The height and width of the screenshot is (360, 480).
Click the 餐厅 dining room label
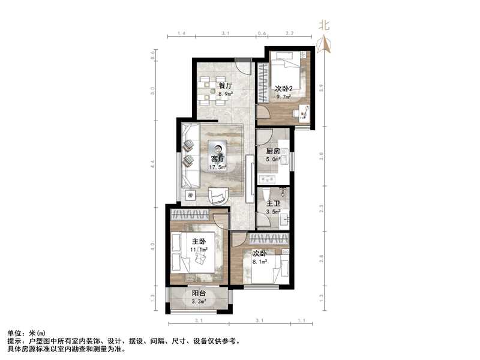pyautogui.click(x=225, y=86)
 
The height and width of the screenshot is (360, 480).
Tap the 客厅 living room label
pyautogui.click(x=218, y=159)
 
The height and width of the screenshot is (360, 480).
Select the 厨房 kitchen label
pyautogui.click(x=273, y=151)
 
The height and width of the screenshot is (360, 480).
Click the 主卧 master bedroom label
pyautogui.click(x=199, y=242)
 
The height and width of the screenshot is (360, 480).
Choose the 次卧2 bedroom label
pyautogui.click(x=283, y=89)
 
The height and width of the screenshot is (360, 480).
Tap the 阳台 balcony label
pyautogui.click(x=199, y=293)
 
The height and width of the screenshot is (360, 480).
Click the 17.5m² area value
pyautogui.click(x=218, y=167)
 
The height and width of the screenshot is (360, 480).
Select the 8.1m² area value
pyautogui.click(x=260, y=262)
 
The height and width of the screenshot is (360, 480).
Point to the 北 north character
pyautogui.click(x=324, y=25)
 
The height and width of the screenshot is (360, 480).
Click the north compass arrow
pyautogui.click(x=324, y=44)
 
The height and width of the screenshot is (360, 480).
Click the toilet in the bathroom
pyautogui.click(x=266, y=194)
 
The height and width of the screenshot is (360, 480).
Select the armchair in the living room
pyautogui.click(x=218, y=196)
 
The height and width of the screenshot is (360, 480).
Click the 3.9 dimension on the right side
pyautogui.click(x=321, y=88)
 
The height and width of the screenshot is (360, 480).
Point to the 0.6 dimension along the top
pyautogui.click(x=262, y=33)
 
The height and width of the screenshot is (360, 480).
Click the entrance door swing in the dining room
pyautogui.click(x=244, y=67)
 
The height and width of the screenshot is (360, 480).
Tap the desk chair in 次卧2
pyautogui.click(x=296, y=113)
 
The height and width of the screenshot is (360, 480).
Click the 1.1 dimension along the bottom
pyautogui.click(x=302, y=320)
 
